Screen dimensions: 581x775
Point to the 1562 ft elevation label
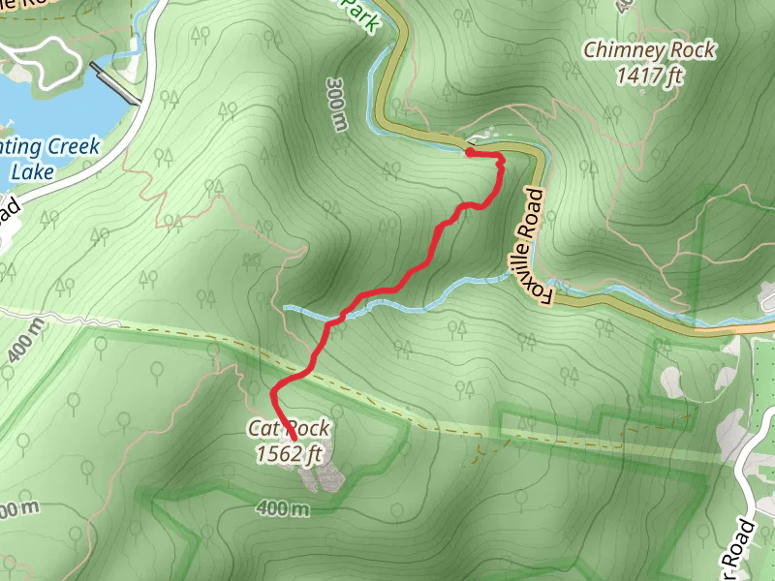tap(289, 452)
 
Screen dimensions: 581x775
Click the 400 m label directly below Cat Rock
tap(283, 508)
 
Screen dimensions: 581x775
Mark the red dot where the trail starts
tap(469, 152)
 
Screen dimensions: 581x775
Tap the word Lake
tap(32, 172)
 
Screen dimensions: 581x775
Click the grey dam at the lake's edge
tap(113, 81)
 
